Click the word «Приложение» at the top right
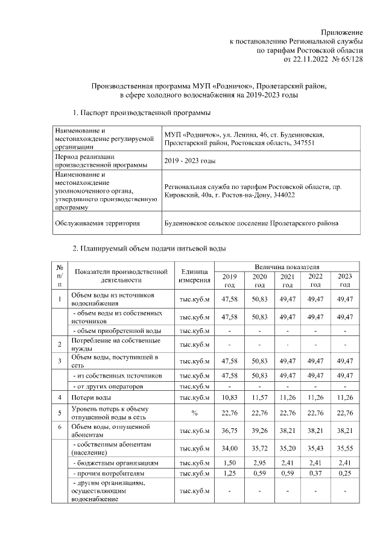[x=343, y=31]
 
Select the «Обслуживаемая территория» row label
[x=97, y=223]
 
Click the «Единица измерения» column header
[x=194, y=275]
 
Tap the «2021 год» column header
[x=288, y=280]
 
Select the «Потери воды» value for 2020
[x=259, y=397]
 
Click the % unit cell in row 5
[x=194, y=413]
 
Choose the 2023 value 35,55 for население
[x=344, y=449]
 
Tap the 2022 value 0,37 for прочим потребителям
[x=315, y=474]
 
